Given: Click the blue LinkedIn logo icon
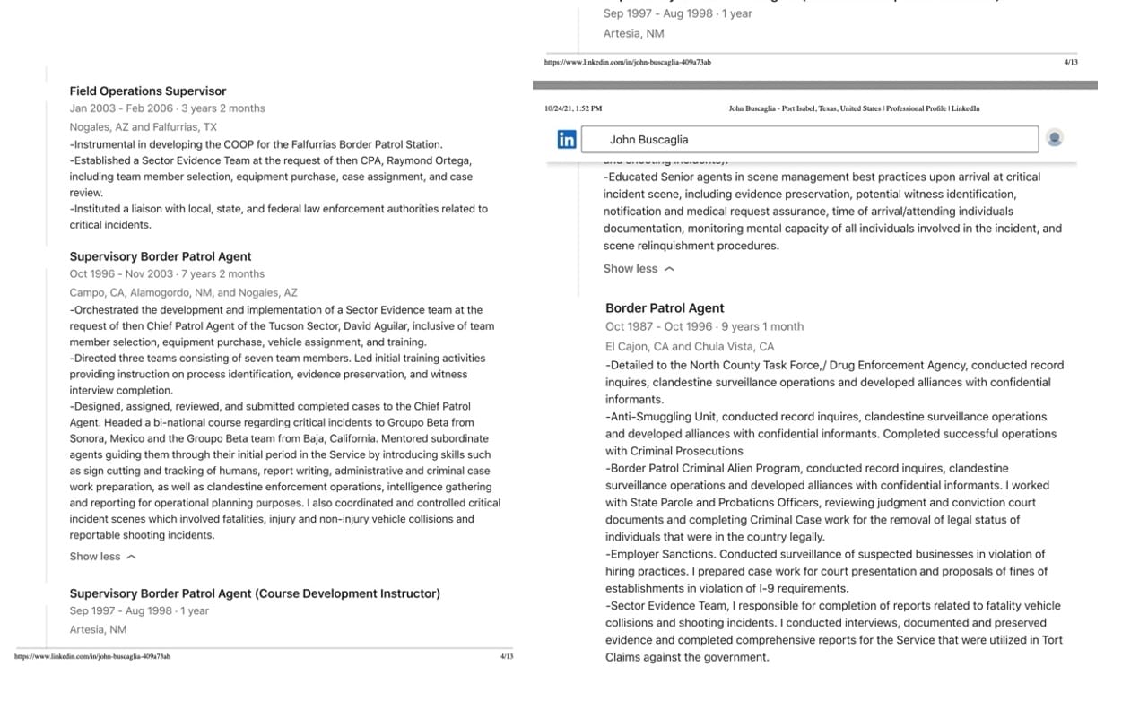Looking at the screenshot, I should click(567, 140).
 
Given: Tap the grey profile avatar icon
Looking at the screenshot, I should click(1055, 138).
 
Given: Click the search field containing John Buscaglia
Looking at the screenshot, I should click(809, 140).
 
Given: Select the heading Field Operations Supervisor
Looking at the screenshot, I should click(148, 91).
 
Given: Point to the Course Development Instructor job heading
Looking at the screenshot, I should click(255, 593).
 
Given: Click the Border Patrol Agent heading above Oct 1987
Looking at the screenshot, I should click(665, 308).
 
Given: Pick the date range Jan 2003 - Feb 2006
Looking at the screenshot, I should click(121, 108).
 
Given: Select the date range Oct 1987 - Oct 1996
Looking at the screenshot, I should click(658, 327).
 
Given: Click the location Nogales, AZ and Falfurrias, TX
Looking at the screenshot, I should click(143, 127).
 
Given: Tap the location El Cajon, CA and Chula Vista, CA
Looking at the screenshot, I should click(689, 347).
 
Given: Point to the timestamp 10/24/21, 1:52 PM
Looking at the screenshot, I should click(573, 108).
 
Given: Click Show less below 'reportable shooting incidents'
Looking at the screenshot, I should click(102, 557).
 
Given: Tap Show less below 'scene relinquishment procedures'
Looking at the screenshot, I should click(638, 269).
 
